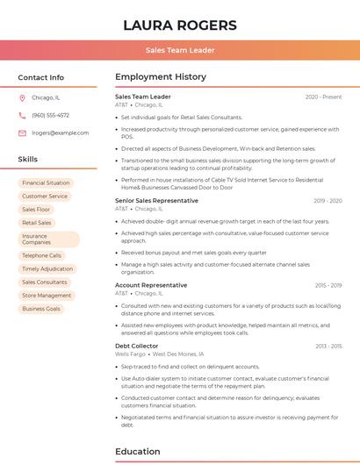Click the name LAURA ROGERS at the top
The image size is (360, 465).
tap(180, 25)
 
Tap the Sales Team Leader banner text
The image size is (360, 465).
tap(180, 50)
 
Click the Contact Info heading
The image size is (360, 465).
tap(41, 77)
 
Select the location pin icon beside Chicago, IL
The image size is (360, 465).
tap(22, 97)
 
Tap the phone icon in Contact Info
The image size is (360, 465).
tap(22, 115)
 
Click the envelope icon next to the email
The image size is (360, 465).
tap(22, 132)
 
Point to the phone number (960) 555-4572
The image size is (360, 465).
tap(50, 115)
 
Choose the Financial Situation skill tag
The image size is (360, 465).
tap(46, 182)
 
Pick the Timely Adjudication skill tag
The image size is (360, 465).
tap(47, 268)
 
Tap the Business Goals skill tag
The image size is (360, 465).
tap(41, 309)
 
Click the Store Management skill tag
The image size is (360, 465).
tap(47, 296)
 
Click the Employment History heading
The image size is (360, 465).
tap(161, 77)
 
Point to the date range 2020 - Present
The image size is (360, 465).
tap(323, 97)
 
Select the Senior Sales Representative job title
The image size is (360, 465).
tap(156, 200)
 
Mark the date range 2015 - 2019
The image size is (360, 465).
tap(328, 285)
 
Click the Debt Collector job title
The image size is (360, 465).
tap(137, 346)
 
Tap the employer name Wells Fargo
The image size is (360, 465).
tap(130, 354)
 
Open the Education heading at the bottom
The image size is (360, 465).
tap(139, 452)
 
